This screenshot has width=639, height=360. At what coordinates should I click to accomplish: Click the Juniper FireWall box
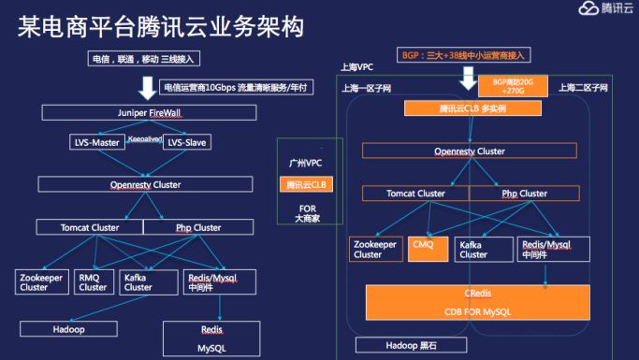136,112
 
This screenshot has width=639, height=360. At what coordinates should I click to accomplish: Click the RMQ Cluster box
93,281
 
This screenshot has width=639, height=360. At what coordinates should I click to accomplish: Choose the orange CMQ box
425,248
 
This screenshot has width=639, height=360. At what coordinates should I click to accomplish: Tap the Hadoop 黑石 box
409,346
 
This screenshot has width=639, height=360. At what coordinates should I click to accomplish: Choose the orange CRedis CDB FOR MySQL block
477,302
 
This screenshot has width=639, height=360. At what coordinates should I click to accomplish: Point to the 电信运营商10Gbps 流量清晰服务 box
235,87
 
